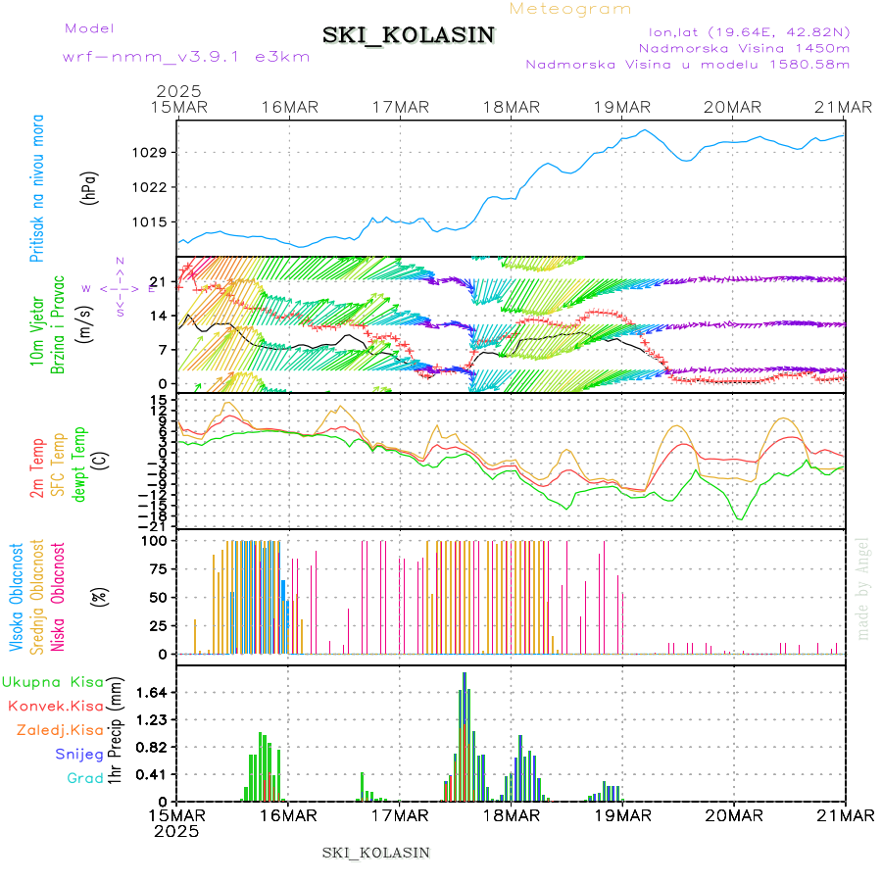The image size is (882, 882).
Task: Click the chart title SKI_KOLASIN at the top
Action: coord(409,35)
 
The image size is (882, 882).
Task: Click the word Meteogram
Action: coord(571,9)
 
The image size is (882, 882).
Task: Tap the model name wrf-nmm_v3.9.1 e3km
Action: coord(186,56)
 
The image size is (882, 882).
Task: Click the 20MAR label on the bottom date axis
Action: coord(734,814)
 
